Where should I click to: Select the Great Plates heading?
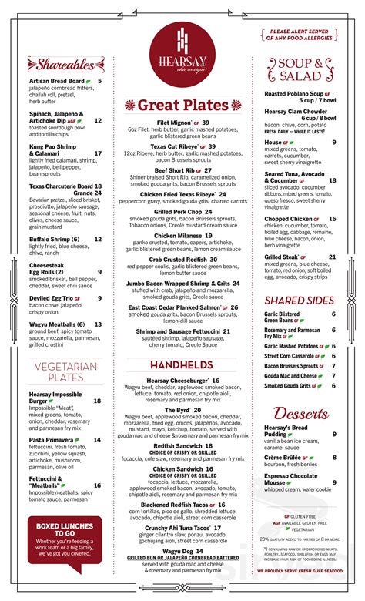click(182, 105)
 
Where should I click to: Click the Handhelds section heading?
click(182, 364)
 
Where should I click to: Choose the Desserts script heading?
click(301, 412)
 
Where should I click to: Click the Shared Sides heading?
click(300, 300)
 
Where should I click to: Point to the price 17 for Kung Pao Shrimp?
click(98, 153)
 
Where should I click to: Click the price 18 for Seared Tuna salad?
click(332, 180)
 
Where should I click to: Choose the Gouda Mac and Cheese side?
click(292, 375)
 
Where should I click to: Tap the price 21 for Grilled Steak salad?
click(332, 257)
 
